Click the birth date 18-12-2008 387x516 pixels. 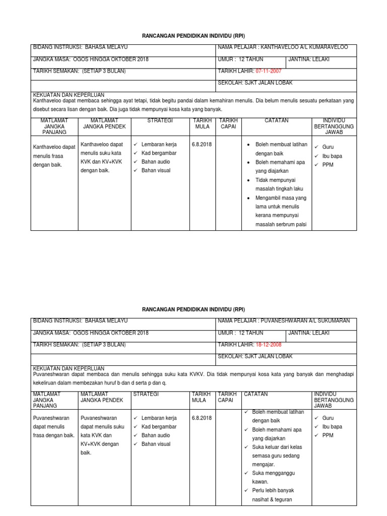coord(268,345)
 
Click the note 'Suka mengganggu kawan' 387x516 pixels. coord(273,477)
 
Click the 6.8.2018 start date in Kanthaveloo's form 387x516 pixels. coord(202,144)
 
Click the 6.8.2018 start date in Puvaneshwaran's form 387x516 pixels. coord(202,418)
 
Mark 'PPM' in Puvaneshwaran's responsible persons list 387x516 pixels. coord(328,435)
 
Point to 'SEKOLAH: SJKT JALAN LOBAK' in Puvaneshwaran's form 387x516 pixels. coord(254,356)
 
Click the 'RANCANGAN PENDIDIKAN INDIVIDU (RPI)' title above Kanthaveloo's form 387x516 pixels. coord(193,36)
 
